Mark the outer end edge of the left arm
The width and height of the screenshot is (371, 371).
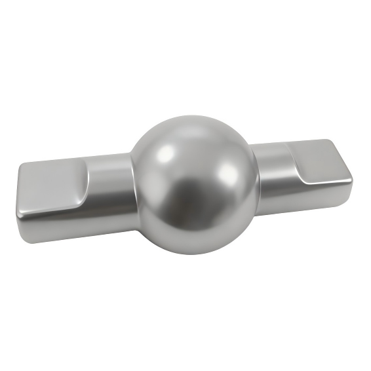click(18, 200)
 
